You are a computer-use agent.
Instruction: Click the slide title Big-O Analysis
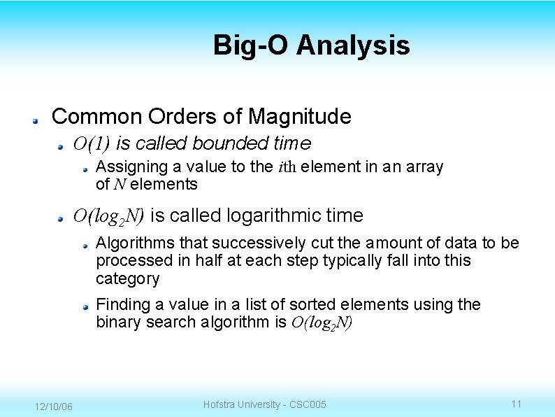pyautogui.click(x=311, y=45)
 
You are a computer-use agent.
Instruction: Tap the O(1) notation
pyautogui.click(x=92, y=144)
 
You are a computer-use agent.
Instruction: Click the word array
pyautogui.click(x=424, y=167)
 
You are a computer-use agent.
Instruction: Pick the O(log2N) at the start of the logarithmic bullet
pyautogui.click(x=109, y=216)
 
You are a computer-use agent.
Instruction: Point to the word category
pyautogui.click(x=127, y=278)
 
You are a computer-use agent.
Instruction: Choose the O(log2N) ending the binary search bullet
pyautogui.click(x=322, y=323)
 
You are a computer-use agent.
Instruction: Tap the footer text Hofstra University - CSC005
pyautogui.click(x=264, y=404)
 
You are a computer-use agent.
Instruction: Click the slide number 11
pyautogui.click(x=517, y=404)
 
